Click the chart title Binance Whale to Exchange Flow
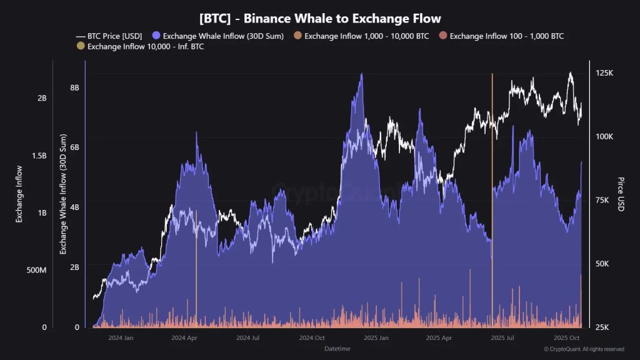click(319, 19)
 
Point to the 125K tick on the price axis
click(604, 73)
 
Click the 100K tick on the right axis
click(604, 137)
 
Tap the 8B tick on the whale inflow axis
click(74, 87)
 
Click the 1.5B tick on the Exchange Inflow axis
click(38, 156)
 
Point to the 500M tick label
click(36, 270)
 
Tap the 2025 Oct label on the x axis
click(567, 338)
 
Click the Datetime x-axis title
click(337, 349)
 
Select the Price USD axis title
click(621, 194)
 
